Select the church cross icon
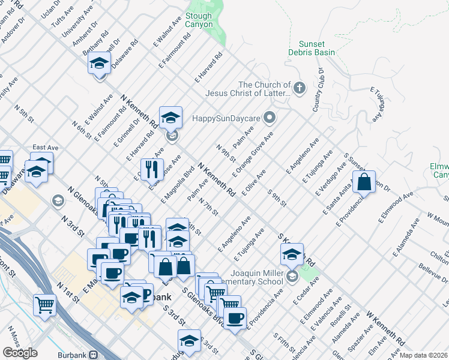(300, 89)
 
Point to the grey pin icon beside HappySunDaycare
(270, 118)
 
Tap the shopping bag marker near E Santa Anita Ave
(364, 182)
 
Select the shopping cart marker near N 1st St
(44, 305)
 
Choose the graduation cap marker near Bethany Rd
(100, 63)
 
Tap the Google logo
(20, 352)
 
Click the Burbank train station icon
(93, 354)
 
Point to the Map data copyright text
(423, 355)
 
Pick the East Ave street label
(44, 147)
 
